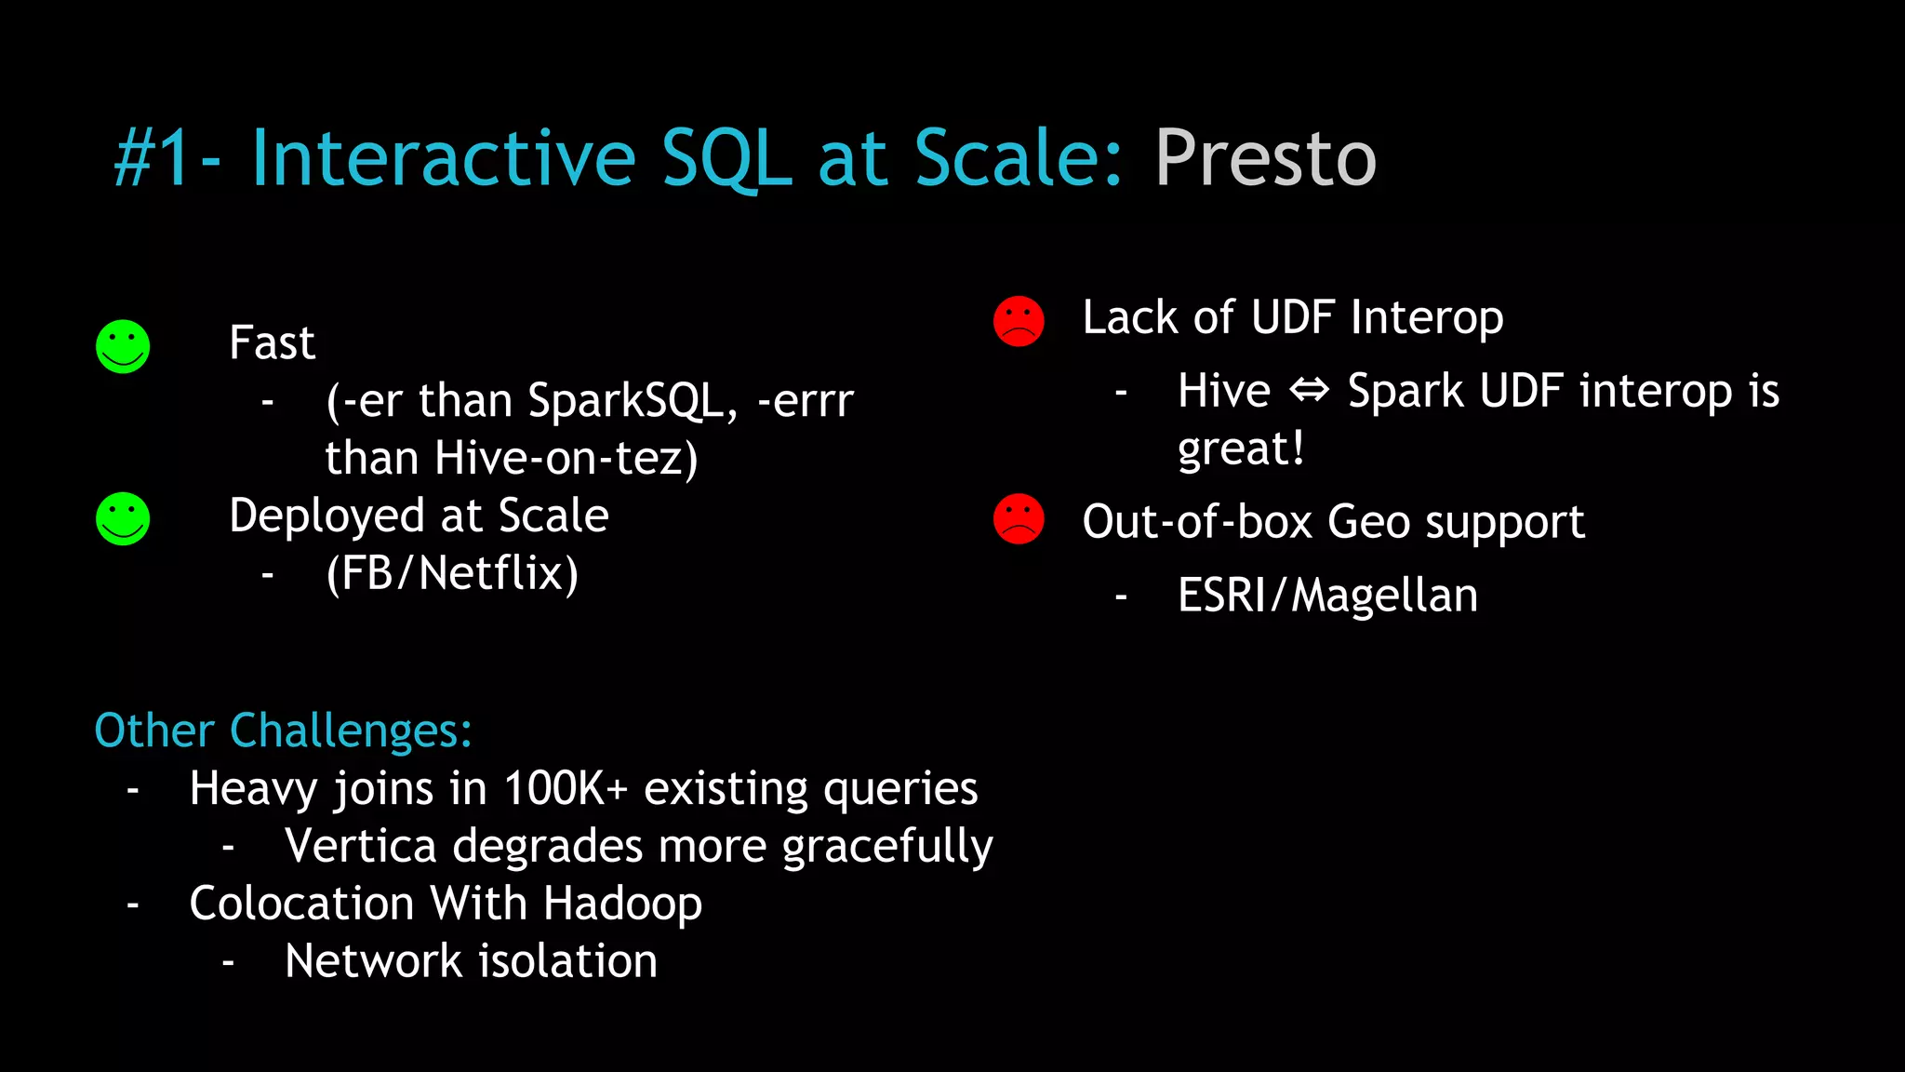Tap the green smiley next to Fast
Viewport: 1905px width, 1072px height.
[x=123, y=347]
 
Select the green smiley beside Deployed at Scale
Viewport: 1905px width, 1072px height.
[x=123, y=519]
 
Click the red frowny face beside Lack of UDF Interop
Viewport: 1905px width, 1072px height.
[x=1019, y=322]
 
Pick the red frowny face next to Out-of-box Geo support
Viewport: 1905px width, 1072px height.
[x=1019, y=519]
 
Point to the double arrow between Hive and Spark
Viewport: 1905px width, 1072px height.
[x=1309, y=390]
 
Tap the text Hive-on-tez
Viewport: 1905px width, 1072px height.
[x=566, y=459]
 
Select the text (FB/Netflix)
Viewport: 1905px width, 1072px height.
[x=452, y=573]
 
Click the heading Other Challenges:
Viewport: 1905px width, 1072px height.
[x=284, y=730]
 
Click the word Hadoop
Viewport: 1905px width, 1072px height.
[x=622, y=904]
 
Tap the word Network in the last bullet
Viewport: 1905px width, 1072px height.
[x=373, y=961]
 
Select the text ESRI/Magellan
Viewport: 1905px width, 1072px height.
[x=1327, y=596]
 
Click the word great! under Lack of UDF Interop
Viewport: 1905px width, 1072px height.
[x=1241, y=449]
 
